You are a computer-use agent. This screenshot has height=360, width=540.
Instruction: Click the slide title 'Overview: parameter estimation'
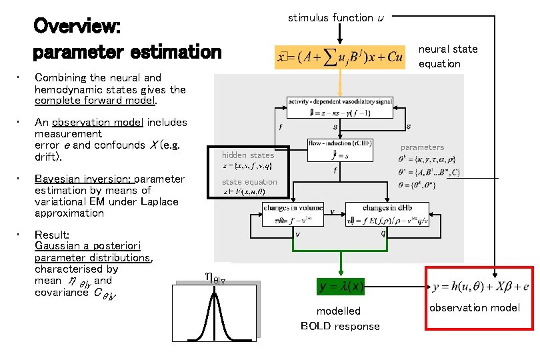tap(127, 39)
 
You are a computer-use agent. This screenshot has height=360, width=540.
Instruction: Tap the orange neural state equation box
tap(341, 57)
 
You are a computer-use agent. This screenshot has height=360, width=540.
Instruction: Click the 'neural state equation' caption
tap(448, 56)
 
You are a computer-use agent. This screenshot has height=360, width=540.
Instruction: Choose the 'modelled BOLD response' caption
tap(339, 319)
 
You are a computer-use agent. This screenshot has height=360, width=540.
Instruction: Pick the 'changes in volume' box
tap(293, 215)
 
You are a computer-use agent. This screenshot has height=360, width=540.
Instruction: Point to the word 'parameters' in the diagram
tap(422, 147)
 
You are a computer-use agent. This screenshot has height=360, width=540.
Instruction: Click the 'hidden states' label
tap(248, 155)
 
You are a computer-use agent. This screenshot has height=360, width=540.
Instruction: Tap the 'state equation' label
tap(249, 181)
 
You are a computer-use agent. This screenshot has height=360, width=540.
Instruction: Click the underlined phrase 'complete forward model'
tap(95, 101)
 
